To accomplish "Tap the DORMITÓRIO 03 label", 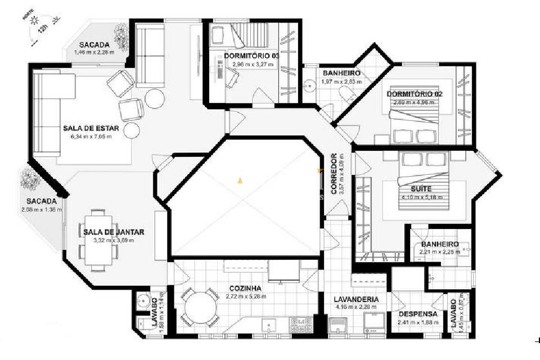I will pos(251,56).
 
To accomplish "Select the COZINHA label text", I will pos(245,288).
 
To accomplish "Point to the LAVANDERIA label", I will pos(355,299).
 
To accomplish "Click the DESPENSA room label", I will pos(418,314).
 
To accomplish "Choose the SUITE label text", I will pos(421,190).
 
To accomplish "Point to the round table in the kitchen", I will pos(200,308).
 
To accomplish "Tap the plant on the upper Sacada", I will pos(120,38).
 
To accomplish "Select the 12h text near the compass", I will pos(44,34).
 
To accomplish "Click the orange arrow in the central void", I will pos(240,181).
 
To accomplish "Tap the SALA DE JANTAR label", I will pos(114,232).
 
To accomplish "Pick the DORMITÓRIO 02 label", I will pos(414,94).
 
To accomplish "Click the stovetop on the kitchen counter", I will pos(300,324).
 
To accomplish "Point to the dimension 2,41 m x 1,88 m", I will pos(418,322).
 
